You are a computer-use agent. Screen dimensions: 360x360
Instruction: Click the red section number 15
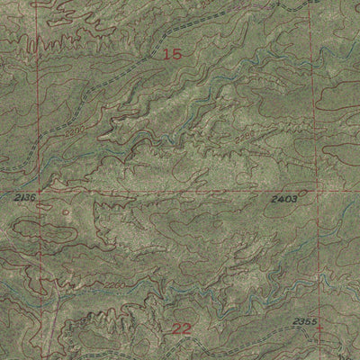click(172, 55)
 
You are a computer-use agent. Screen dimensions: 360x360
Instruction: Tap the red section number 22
click(181, 329)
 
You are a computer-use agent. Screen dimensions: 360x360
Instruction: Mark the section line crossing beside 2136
click(37, 191)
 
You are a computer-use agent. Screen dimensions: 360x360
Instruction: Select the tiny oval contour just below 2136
click(65, 214)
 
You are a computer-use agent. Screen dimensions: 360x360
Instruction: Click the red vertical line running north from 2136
click(38, 108)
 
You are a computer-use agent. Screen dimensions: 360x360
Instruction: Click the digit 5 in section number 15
click(177, 55)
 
